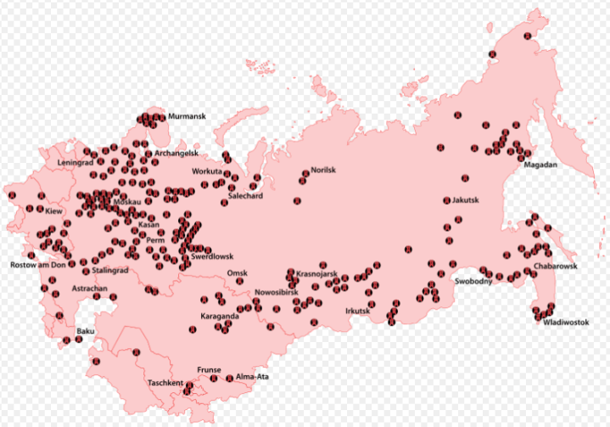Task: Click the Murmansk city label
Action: pyautogui.click(x=184, y=116)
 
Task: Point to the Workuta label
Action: pyautogui.click(x=207, y=171)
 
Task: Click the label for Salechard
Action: pyautogui.click(x=245, y=196)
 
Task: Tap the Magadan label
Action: pyautogui.click(x=540, y=165)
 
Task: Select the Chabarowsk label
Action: pyautogui.click(x=556, y=267)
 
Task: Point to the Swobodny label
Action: pyautogui.click(x=473, y=282)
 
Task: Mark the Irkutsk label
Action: pyautogui.click(x=358, y=311)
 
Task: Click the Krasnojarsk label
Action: pyautogui.click(x=317, y=274)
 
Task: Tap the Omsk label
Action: pyautogui.click(x=238, y=272)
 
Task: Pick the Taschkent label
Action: pyautogui.click(x=165, y=384)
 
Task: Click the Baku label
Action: pyautogui.click(x=86, y=330)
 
